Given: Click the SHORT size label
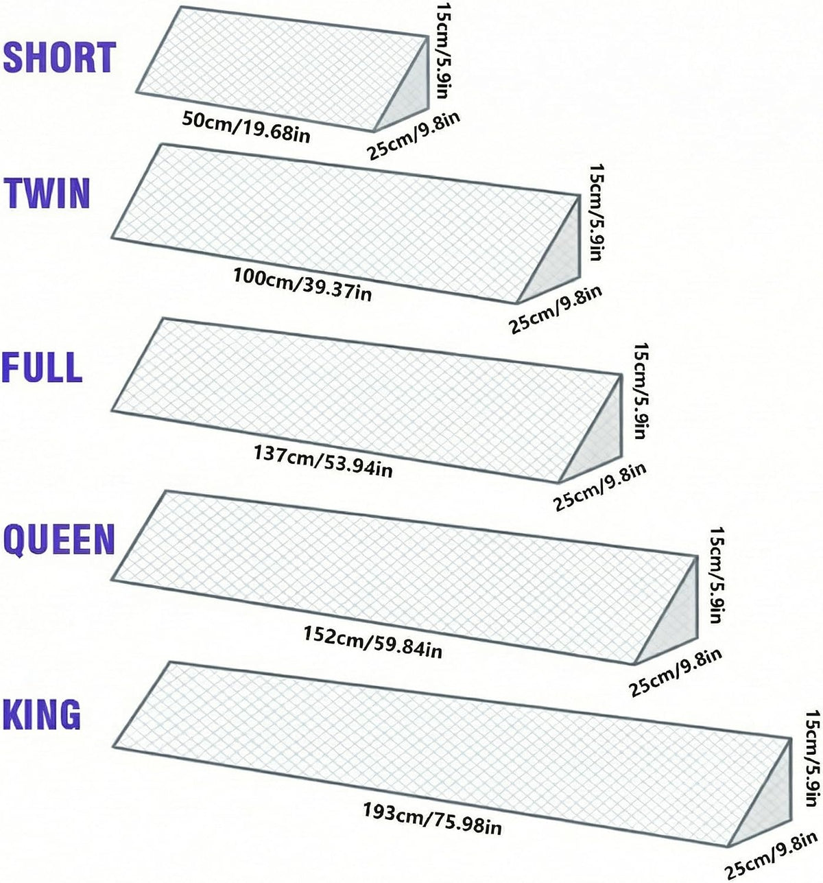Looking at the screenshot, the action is tap(60, 58).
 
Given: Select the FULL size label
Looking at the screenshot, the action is tap(43, 367).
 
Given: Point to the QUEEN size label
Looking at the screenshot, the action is tap(59, 539).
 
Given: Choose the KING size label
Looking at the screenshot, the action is tap(42, 714).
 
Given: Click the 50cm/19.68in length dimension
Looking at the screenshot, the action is tap(246, 127).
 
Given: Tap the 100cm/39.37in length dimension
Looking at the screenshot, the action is tap(302, 285).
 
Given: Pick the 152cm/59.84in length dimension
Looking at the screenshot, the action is tap(372, 642).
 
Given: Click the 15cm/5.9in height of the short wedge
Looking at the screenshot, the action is tap(446, 51).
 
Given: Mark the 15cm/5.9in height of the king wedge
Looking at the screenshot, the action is tap(811, 758).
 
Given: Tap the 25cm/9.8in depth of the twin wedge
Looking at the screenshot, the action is tap(556, 310).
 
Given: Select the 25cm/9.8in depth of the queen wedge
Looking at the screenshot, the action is tap(675, 672).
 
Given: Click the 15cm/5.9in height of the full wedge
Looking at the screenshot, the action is tap(641, 391).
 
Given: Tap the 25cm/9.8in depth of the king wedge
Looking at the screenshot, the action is tap(771, 853).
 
